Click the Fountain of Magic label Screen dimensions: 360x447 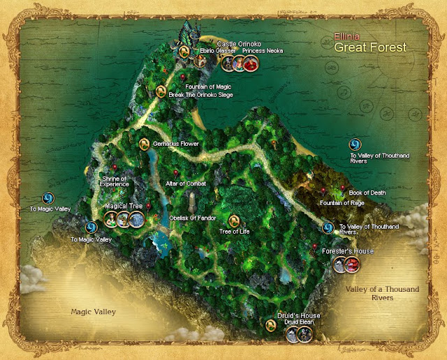pos(209,87)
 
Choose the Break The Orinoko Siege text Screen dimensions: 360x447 pos(200,94)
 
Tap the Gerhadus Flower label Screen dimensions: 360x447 pos(176,144)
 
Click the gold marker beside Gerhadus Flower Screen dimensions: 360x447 pos(145,144)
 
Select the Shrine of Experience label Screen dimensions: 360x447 pos(115,181)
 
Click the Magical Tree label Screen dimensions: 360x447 pos(124,207)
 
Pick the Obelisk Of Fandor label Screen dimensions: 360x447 pos(193,218)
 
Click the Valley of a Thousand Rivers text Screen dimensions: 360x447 pos(374,293)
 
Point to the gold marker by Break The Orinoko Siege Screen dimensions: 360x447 pos(161,91)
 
